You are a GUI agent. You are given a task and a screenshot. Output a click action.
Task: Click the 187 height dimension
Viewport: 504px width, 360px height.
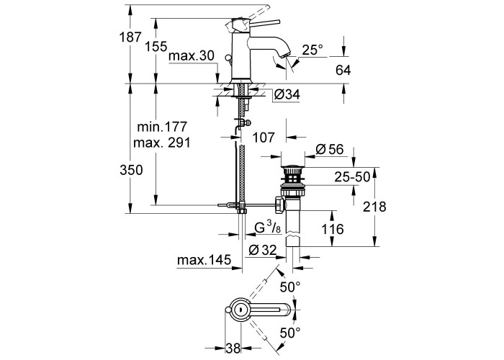click(x=130, y=37)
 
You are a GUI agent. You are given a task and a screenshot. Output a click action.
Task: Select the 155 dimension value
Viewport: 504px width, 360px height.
click(x=156, y=47)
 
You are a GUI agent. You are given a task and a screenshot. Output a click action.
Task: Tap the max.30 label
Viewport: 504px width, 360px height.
click(x=192, y=56)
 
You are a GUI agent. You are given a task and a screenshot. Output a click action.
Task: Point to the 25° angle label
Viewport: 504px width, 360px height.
click(x=312, y=50)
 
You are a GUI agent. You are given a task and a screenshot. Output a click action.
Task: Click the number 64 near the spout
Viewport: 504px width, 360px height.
click(x=343, y=70)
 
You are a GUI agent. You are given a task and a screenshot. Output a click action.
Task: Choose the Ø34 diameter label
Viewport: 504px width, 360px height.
click(x=287, y=94)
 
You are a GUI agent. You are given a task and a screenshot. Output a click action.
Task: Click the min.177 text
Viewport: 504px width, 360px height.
click(x=162, y=127)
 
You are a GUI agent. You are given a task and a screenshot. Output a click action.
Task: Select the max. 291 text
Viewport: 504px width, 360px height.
click(x=162, y=143)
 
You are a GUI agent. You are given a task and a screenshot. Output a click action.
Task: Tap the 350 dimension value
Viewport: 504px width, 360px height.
click(x=131, y=170)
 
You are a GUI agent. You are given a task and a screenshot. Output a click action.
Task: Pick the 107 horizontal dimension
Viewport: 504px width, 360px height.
click(x=264, y=138)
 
